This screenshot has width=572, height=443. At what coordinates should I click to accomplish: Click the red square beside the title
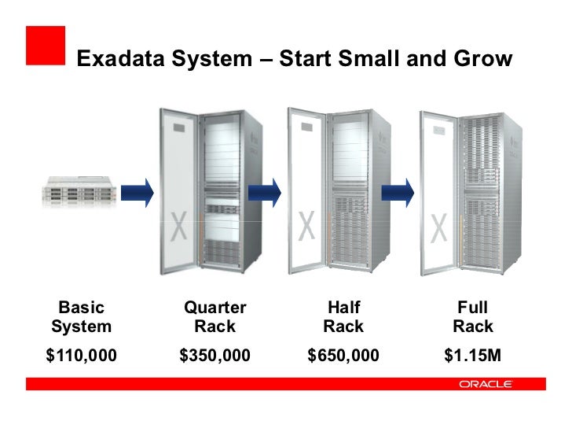pyautogui.click(x=46, y=45)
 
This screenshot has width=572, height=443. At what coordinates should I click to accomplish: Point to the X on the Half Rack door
pyautogui.click(x=307, y=227)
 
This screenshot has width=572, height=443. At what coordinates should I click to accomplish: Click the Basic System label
pyautogui.click(x=81, y=316)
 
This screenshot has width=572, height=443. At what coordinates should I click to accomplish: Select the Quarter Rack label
pyautogui.click(x=214, y=316)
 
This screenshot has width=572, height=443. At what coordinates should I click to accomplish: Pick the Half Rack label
pyautogui.click(x=343, y=316)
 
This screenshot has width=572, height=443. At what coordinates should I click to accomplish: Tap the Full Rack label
pyautogui.click(x=472, y=316)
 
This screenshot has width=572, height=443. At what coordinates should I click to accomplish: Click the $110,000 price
pyautogui.click(x=81, y=356)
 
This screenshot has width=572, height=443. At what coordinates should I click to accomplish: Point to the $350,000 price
pyautogui.click(x=214, y=356)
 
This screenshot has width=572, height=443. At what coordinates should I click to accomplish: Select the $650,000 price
pyautogui.click(x=343, y=356)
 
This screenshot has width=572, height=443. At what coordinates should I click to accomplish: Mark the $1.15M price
pyautogui.click(x=472, y=356)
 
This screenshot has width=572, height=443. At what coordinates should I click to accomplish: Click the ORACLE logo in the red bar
pyautogui.click(x=485, y=384)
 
